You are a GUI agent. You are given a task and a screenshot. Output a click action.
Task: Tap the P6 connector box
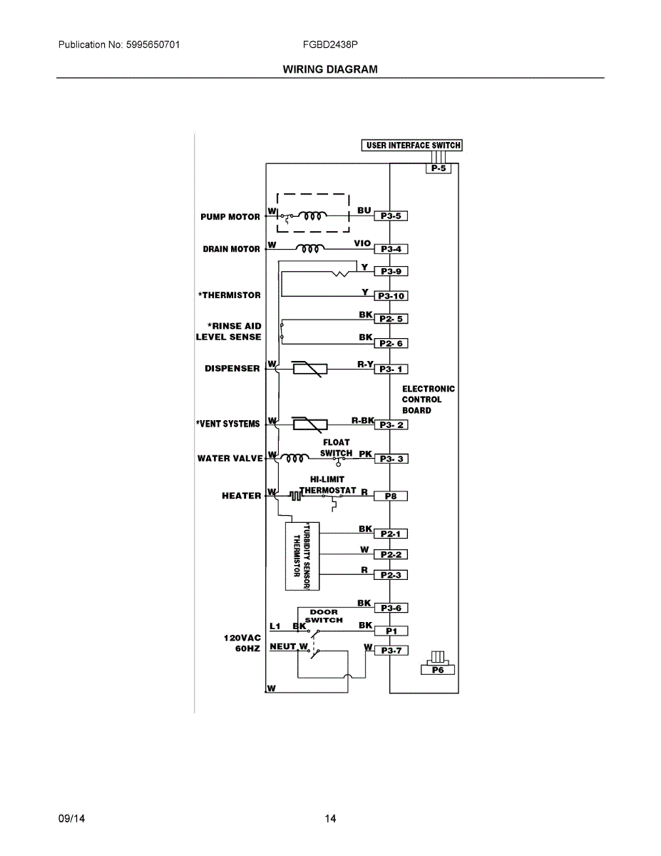[x=438, y=670]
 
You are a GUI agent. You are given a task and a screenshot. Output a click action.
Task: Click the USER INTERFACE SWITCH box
[x=413, y=146]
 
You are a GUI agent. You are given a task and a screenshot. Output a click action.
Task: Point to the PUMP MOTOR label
[x=230, y=217]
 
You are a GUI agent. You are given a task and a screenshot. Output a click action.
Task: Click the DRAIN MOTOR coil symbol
[x=311, y=249]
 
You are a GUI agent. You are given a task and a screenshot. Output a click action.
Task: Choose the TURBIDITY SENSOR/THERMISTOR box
[x=302, y=556]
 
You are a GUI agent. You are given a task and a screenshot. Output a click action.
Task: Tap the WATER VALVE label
[x=230, y=458]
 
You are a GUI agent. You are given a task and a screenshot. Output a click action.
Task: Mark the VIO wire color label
[x=362, y=244]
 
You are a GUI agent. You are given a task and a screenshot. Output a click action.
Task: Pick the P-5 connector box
[x=438, y=169]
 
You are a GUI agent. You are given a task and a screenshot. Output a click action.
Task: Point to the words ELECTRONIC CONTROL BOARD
[x=428, y=399]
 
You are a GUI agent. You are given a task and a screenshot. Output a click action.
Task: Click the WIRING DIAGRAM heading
[x=330, y=69]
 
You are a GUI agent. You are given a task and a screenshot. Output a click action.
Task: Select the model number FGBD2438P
[x=330, y=44]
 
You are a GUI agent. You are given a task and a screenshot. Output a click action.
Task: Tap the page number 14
[x=330, y=819]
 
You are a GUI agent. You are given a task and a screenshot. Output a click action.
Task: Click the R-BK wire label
[x=362, y=421]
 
